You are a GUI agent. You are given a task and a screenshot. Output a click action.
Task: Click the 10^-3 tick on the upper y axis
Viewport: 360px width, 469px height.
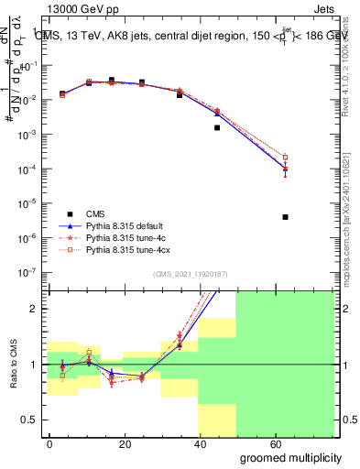[29, 135]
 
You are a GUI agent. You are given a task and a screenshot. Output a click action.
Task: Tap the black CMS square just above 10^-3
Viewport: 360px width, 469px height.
[217, 127]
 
